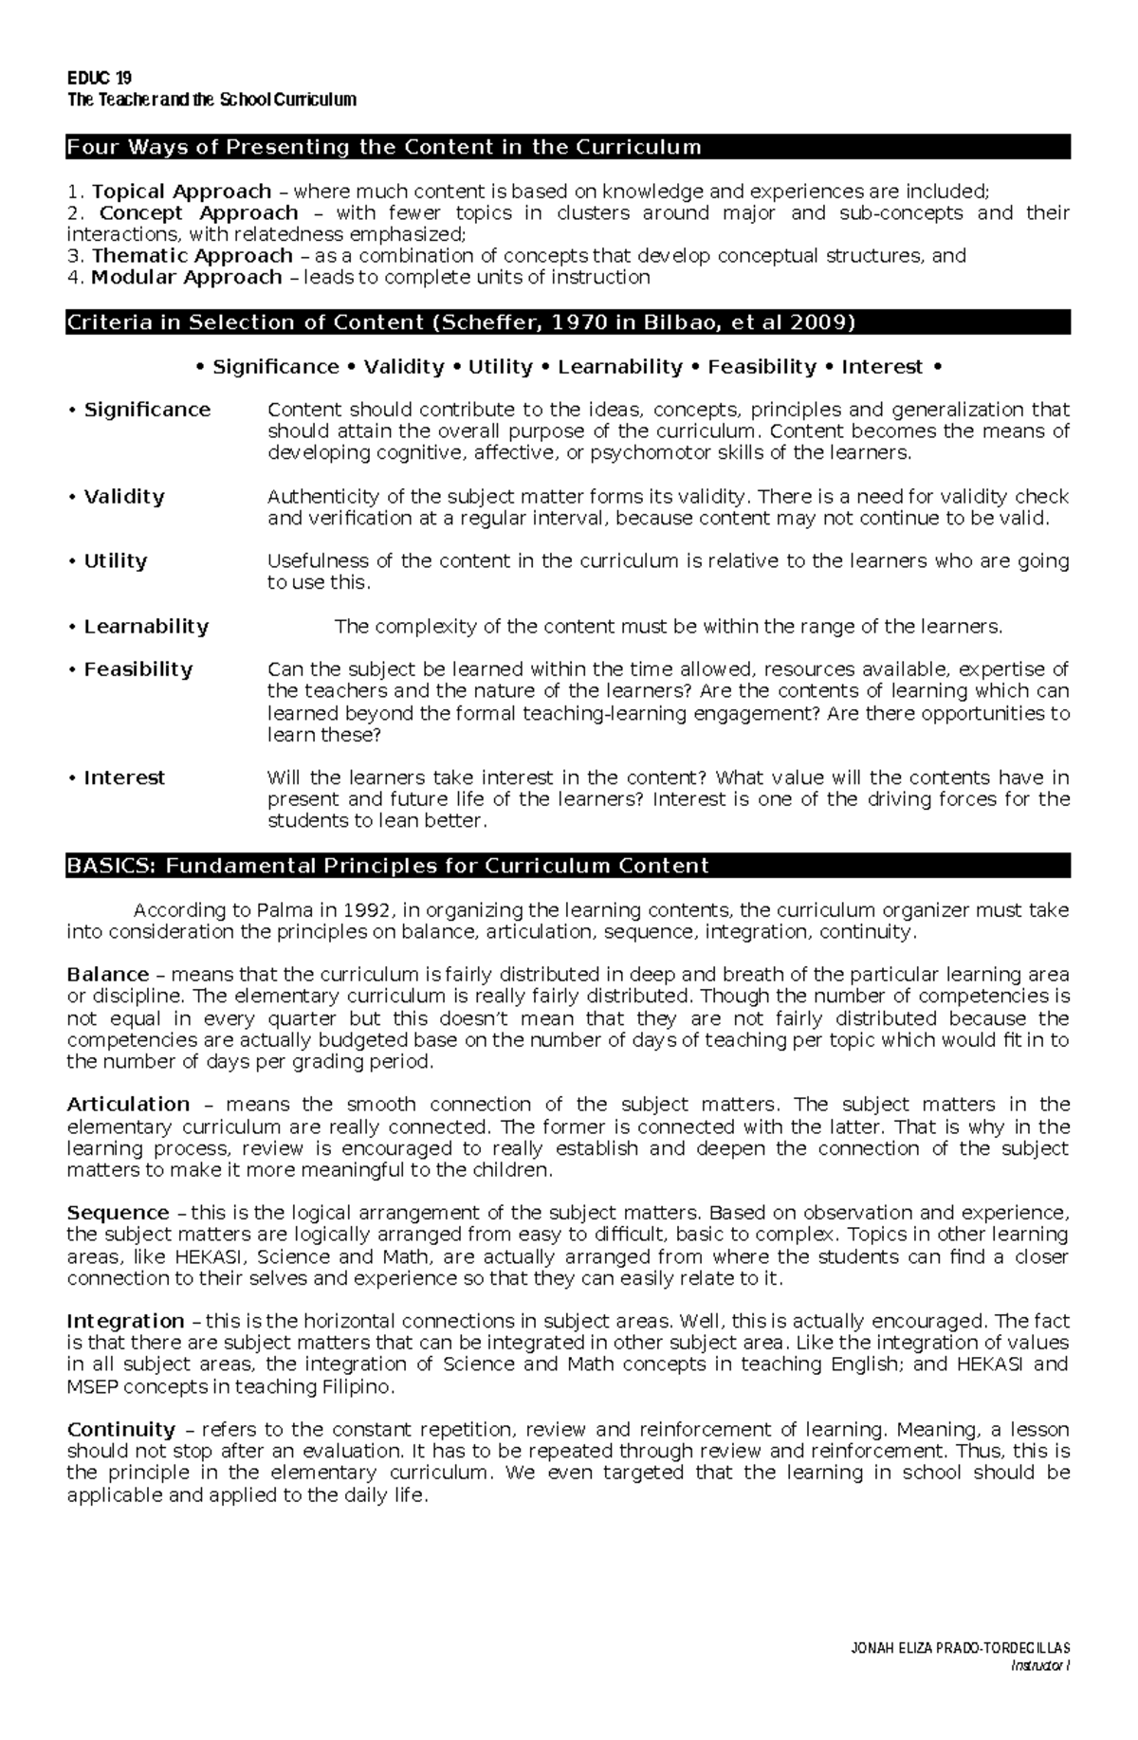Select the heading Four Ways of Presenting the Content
pos(383,147)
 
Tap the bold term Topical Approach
pos(181,192)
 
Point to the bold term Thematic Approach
pos(192,256)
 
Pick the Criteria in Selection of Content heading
pos(460,322)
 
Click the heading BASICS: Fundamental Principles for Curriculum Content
pos(387,866)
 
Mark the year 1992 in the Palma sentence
pos(366,910)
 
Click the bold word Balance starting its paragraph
pos(107,975)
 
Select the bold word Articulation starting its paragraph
pos(128,1105)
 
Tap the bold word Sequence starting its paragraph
pos(117,1213)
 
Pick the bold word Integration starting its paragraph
pos(125,1321)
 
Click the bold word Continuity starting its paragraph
pos(121,1430)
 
